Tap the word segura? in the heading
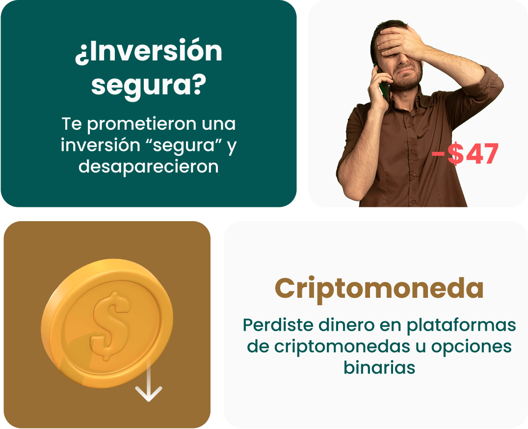pyautogui.click(x=149, y=86)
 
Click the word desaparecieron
pyautogui.click(x=149, y=167)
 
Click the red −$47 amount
pyautogui.click(x=465, y=154)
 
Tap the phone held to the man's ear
pyautogui.click(x=384, y=85)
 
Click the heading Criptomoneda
pyautogui.click(x=379, y=288)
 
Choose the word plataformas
pyautogui.click(x=461, y=326)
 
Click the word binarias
pyautogui.click(x=379, y=367)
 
